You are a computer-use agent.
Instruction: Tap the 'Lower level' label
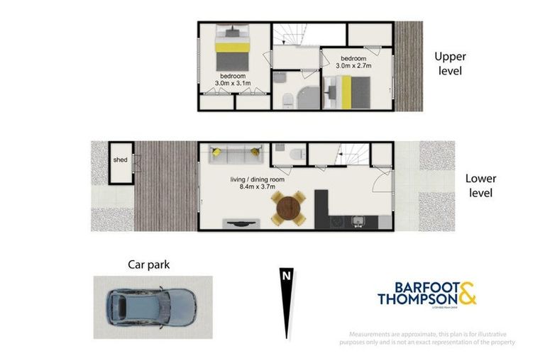click(x=480, y=186)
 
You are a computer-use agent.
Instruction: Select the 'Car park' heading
click(x=148, y=265)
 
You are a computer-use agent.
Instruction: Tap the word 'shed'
click(x=120, y=160)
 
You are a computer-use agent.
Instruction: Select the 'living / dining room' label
click(x=257, y=179)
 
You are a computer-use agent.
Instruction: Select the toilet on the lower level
click(x=297, y=154)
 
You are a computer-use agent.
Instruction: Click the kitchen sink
click(x=358, y=221)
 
